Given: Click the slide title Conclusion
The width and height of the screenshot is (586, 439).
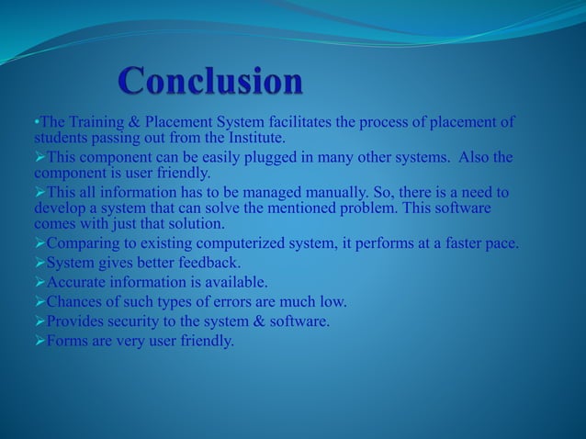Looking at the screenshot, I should [210, 84].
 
